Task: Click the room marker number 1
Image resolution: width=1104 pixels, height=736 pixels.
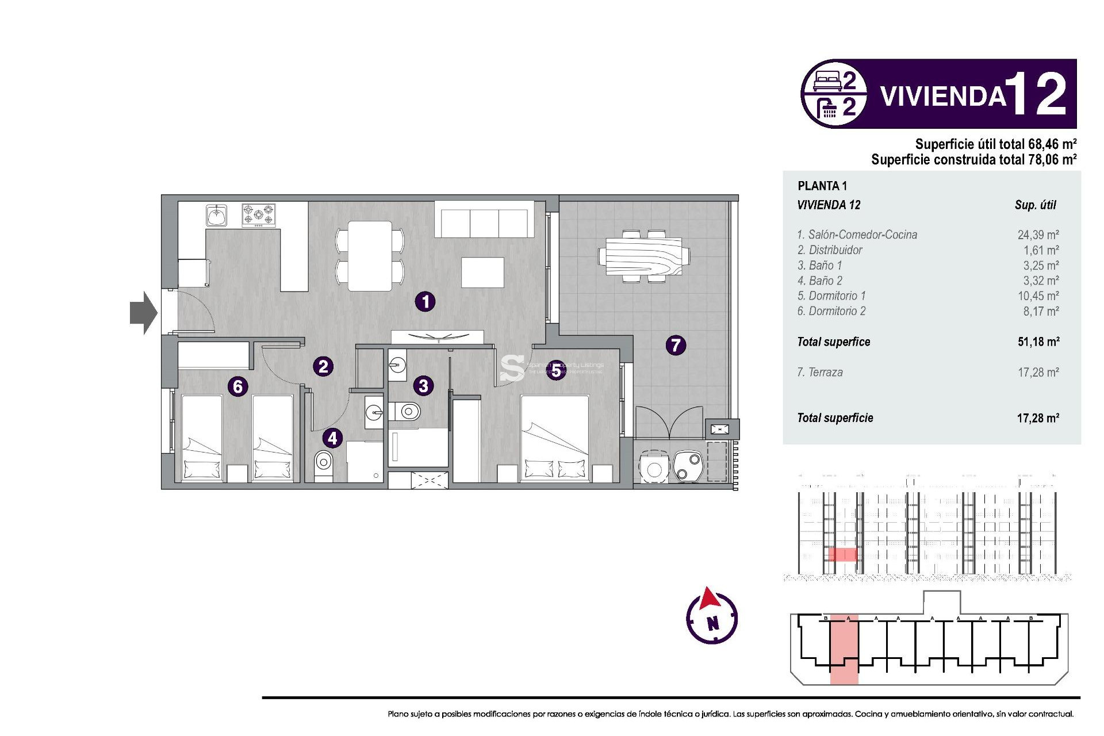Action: [x=425, y=301]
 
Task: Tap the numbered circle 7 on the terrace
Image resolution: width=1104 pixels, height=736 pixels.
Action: [x=676, y=345]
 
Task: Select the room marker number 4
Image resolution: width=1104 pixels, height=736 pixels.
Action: [x=332, y=438]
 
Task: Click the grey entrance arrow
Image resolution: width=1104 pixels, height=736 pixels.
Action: [x=143, y=313]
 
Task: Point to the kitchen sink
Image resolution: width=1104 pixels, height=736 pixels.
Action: [x=216, y=216]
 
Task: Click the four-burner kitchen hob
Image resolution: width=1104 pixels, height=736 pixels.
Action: [x=258, y=215]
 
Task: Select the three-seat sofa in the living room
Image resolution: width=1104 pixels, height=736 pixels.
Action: [x=484, y=221]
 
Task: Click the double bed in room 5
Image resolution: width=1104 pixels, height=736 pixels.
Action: [x=555, y=437]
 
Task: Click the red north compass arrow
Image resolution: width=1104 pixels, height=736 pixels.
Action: [x=710, y=599]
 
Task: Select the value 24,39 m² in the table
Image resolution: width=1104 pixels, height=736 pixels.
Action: [x=1038, y=235]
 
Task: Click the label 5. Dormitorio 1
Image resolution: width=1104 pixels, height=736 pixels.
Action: [x=831, y=296]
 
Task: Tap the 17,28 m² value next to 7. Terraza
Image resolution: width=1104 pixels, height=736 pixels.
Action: [x=1038, y=372]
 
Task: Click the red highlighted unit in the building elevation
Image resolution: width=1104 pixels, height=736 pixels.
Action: [x=842, y=554]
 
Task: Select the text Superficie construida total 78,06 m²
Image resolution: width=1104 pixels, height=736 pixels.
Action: [x=973, y=159]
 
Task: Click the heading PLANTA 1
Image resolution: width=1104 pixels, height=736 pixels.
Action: [x=822, y=186]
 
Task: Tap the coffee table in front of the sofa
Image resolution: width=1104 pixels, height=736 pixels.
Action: [x=482, y=273]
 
